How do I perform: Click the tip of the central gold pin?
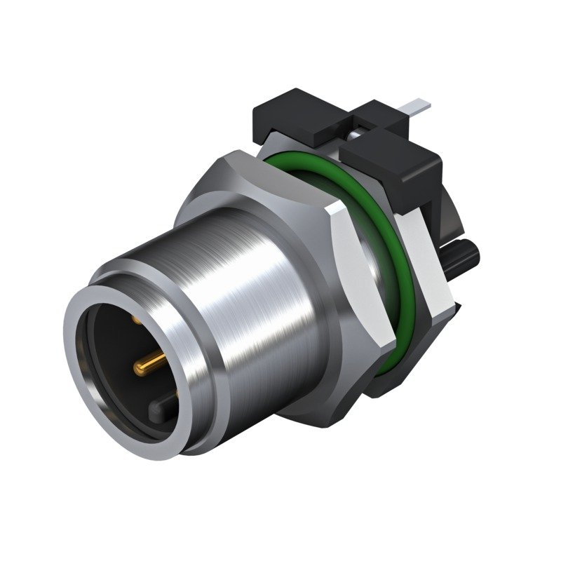click(x=135, y=367)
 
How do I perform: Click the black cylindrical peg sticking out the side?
click(x=463, y=252)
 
